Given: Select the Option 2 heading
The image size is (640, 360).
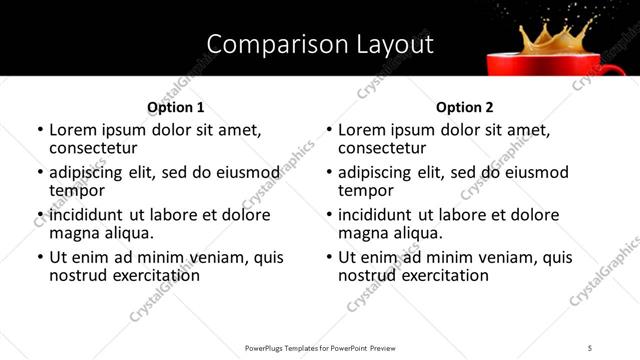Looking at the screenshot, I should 464,107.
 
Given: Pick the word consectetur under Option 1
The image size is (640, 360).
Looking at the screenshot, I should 93,148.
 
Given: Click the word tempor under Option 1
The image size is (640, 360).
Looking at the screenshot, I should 73,190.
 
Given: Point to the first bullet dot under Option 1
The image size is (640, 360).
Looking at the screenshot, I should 40,131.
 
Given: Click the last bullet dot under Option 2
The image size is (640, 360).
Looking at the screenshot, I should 329,257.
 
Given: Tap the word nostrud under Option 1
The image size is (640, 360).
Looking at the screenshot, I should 77,275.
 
